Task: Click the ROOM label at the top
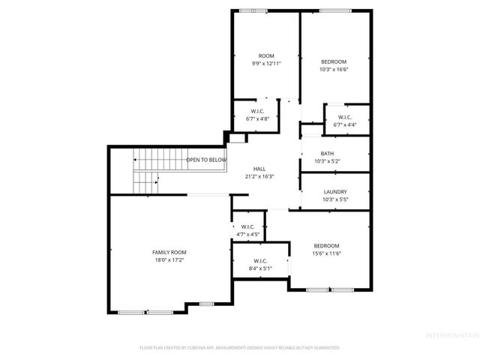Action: (x=266, y=56)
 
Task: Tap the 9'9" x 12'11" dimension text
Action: (x=266, y=64)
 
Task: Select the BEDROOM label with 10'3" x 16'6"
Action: (x=334, y=61)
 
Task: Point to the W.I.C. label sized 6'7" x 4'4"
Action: (x=345, y=117)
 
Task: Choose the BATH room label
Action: (x=328, y=154)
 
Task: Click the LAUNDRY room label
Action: (x=334, y=192)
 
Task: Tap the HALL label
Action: (x=259, y=169)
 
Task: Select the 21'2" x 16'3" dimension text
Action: (x=259, y=177)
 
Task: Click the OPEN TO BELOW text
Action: (x=206, y=160)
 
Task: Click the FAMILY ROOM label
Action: (x=169, y=252)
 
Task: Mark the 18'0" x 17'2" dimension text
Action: (x=169, y=260)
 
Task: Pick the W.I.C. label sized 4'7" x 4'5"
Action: (x=247, y=226)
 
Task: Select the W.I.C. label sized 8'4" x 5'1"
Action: (x=260, y=261)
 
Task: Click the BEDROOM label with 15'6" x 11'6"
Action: (x=326, y=246)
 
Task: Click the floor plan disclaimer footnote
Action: (x=240, y=348)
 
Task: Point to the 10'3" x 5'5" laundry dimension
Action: (x=334, y=199)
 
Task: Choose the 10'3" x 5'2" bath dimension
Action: (x=328, y=161)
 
